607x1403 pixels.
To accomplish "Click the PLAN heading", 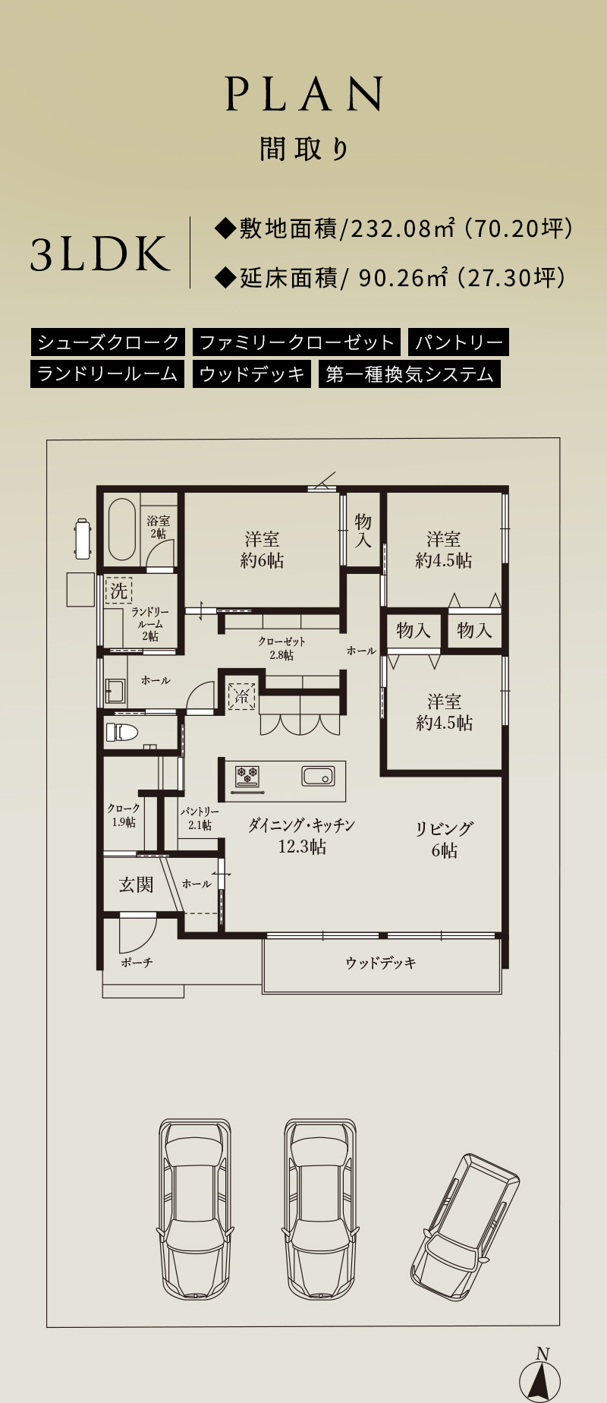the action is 303,94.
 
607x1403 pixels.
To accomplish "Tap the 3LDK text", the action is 99,254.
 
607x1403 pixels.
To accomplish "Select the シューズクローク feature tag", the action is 108,342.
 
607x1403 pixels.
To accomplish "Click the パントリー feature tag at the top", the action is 458,342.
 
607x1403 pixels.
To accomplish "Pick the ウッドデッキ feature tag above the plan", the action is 252,374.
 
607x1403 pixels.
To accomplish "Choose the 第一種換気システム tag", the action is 410,374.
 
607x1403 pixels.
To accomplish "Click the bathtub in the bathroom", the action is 122,529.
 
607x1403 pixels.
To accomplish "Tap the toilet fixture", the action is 122,733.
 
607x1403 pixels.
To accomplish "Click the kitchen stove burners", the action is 247,776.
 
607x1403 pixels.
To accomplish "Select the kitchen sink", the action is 318,777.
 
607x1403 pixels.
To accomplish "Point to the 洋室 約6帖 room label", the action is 263,550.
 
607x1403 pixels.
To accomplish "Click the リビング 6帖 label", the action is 445,839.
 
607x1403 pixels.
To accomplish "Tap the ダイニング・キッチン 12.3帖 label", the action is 301,835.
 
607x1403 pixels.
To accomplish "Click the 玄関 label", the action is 137,884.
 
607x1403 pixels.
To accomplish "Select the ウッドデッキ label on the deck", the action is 381,963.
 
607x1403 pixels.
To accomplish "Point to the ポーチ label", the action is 137,963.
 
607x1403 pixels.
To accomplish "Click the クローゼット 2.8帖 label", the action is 281,648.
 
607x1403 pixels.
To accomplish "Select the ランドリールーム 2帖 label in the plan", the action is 149,624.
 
